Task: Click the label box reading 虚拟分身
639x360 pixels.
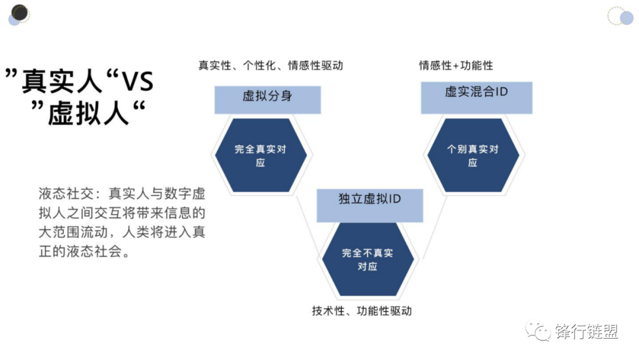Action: coord(267,99)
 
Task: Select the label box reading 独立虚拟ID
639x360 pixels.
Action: coord(370,205)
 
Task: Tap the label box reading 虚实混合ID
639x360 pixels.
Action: coord(476,98)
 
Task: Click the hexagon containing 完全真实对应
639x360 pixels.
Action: coord(260,155)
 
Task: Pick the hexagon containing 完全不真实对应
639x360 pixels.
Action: coord(367,259)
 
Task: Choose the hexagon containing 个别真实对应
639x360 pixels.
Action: coord(473,155)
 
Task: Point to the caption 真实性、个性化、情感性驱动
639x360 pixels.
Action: coord(270,66)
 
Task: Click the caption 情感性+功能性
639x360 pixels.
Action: coord(456,66)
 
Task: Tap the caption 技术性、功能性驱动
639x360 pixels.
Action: coord(362,311)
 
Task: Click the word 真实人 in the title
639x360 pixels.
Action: coord(62,82)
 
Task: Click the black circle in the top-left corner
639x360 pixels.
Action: coord(21,12)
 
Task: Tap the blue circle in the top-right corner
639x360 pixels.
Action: coord(626,18)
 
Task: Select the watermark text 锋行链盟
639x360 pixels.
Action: coord(586,332)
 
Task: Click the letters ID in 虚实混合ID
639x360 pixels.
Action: coord(501,92)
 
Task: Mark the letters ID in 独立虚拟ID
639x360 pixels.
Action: coord(394,198)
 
